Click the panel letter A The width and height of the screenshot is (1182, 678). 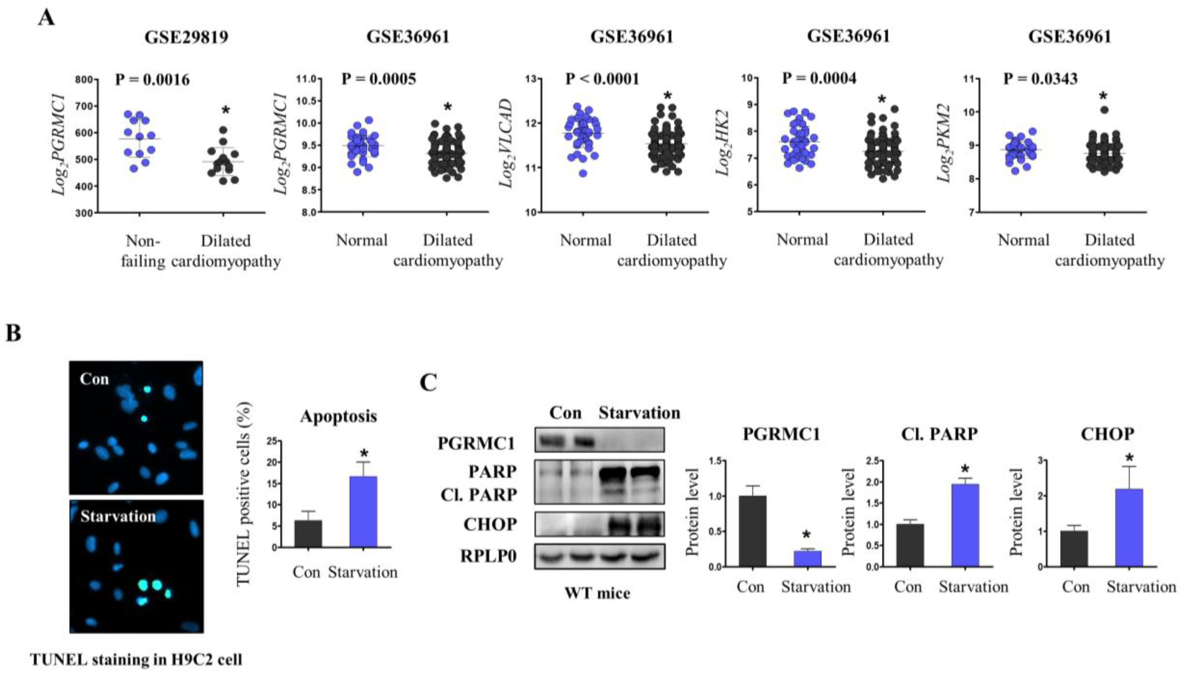coord(47,19)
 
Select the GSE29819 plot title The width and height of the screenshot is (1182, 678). coord(186,37)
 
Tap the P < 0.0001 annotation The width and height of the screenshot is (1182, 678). coord(602,79)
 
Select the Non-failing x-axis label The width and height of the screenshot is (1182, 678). coord(143,251)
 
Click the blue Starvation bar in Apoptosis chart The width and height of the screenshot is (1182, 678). coord(363,511)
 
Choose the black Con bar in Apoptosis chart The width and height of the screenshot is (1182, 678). coord(308,533)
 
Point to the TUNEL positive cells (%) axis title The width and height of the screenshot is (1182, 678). coord(244,493)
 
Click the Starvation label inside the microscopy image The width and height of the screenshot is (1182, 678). coord(118,516)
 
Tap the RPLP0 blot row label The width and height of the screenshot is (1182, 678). coord(488,556)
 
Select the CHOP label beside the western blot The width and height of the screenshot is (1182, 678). coord(490,524)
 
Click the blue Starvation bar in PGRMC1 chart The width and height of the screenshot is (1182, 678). coord(807,559)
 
